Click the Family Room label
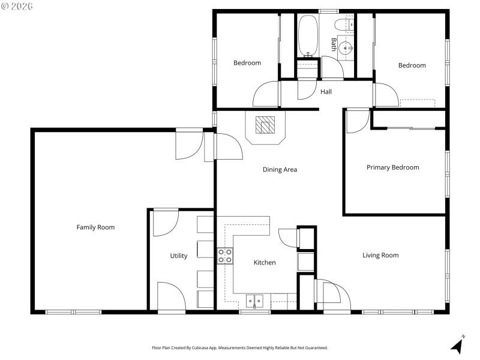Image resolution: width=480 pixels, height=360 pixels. click(x=95, y=227)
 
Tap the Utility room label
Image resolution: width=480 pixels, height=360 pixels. click(x=178, y=256)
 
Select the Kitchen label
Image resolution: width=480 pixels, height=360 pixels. click(x=265, y=262)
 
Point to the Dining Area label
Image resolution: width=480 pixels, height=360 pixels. click(x=280, y=169)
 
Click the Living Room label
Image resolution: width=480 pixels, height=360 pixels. click(x=380, y=255)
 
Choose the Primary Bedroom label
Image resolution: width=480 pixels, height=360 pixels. click(x=392, y=167)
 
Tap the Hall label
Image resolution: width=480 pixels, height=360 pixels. click(x=326, y=92)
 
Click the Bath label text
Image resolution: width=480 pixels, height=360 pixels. click(x=334, y=44)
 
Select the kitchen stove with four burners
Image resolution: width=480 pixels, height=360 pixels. click(x=225, y=256)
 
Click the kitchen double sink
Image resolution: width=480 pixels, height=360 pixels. click(x=255, y=301)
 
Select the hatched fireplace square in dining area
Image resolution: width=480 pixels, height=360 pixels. click(x=265, y=125)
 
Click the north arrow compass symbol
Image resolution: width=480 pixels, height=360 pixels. click(x=457, y=345)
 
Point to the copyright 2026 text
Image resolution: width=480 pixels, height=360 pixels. click(x=17, y=6)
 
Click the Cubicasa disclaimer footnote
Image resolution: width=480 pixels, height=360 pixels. click(x=240, y=348)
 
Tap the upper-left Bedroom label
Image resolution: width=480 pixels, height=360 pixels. click(x=247, y=63)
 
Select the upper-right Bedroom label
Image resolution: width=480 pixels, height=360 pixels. click(x=412, y=65)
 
